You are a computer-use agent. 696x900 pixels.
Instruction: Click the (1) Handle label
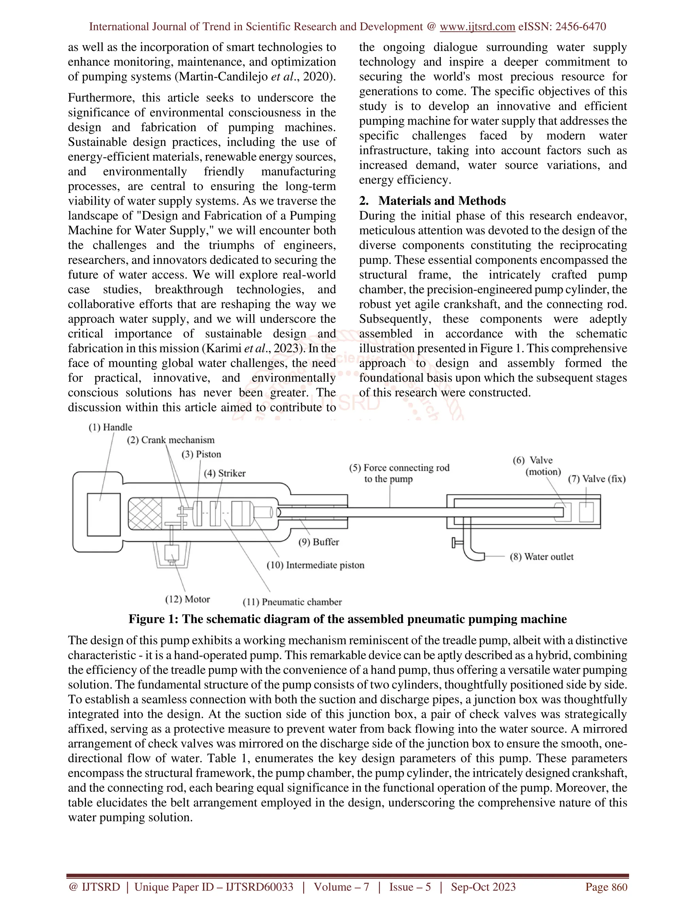pyautogui.click(x=110, y=427)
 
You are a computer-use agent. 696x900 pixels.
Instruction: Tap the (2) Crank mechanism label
pyautogui.click(x=170, y=440)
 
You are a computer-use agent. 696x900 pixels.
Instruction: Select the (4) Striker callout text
pyautogui.click(x=224, y=473)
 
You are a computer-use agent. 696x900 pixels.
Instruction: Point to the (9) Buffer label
pyautogui.click(x=318, y=542)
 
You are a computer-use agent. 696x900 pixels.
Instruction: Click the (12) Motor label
pyautogui.click(x=188, y=599)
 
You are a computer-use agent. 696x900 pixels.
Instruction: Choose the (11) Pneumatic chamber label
pyautogui.click(x=292, y=602)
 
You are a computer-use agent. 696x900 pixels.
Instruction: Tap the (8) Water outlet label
pyautogui.click(x=541, y=557)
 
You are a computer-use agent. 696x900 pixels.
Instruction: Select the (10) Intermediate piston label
pyautogui.click(x=315, y=565)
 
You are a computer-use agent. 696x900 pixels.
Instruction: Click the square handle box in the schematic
pyautogui.click(x=104, y=514)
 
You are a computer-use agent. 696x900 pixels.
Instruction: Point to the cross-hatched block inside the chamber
pyautogui.click(x=145, y=514)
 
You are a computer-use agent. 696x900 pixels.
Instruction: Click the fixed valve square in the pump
pyautogui.click(x=586, y=512)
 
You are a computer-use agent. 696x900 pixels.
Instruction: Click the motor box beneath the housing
pyautogui.click(x=172, y=552)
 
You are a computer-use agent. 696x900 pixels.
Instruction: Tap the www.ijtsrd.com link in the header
pyautogui.click(x=477, y=27)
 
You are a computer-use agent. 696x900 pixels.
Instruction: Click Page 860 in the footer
pyautogui.click(x=606, y=887)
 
